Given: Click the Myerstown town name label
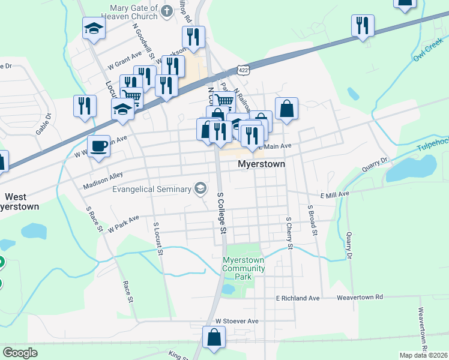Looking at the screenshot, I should [261, 163].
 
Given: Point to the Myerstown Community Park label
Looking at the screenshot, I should [244, 268].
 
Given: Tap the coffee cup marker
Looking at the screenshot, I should [98, 145].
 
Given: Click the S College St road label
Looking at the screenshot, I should [221, 213].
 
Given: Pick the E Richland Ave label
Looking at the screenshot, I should [298, 298].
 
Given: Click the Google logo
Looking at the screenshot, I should [20, 353].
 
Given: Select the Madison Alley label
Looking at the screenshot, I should [103, 181].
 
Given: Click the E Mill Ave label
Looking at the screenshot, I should [334, 195].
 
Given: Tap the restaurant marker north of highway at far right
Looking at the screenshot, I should [363, 26].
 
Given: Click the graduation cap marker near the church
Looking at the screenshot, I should [94, 28].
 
